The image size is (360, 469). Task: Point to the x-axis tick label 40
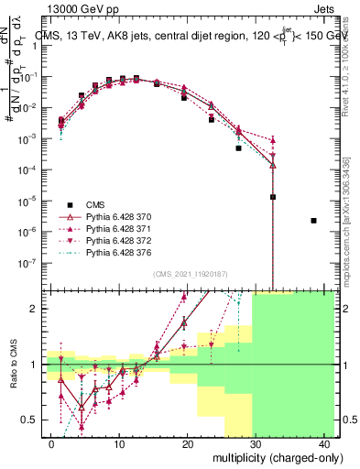323,443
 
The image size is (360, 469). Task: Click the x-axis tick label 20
188,443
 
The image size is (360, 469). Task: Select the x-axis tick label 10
119,443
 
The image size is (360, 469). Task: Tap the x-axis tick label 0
51,443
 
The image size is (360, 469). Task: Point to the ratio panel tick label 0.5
30,420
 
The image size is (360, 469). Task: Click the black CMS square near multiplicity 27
238,147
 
